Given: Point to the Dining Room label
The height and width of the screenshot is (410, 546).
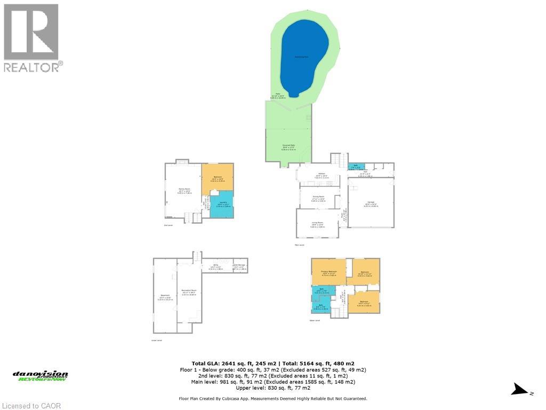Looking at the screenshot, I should click(318, 198).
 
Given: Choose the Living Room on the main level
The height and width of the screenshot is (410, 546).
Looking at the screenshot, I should click(317, 225).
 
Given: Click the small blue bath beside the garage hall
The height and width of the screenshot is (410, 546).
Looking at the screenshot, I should click(352, 166).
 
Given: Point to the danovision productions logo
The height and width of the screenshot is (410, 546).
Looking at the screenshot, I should click(41, 376).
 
